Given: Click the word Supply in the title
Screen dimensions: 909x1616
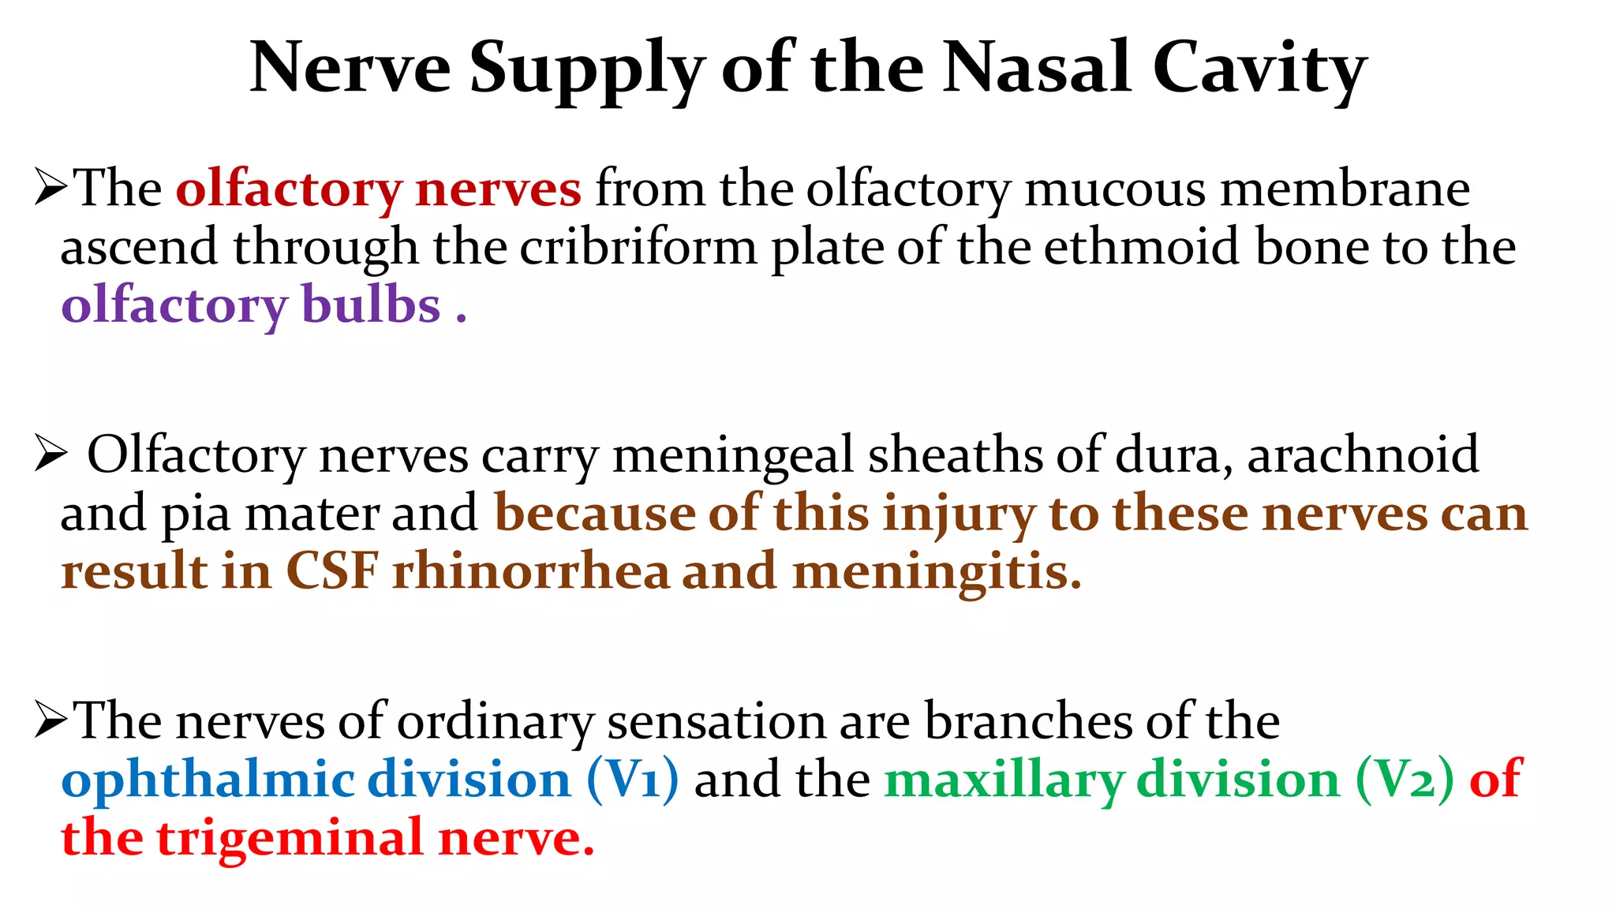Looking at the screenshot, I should click(586, 69).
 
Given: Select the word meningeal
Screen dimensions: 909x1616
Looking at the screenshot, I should click(733, 455).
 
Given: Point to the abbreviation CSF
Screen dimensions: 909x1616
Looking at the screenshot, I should click(332, 571).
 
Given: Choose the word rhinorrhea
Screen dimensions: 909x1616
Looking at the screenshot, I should click(530, 571).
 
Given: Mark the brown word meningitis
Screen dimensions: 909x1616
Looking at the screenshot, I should click(936, 573).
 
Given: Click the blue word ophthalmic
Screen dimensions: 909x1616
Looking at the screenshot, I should click(208, 780).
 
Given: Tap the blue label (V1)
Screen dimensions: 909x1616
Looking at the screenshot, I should click(632, 780).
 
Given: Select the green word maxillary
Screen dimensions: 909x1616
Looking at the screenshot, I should click(1004, 780).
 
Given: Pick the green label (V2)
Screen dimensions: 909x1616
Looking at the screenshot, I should click(1405, 780).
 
